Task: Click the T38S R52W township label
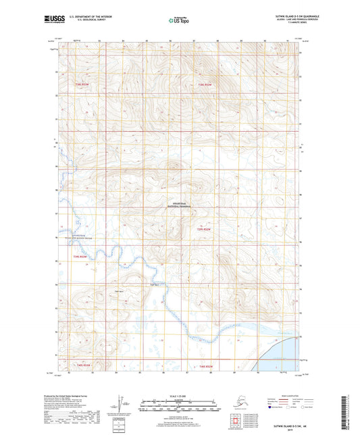(x=205, y=84)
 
